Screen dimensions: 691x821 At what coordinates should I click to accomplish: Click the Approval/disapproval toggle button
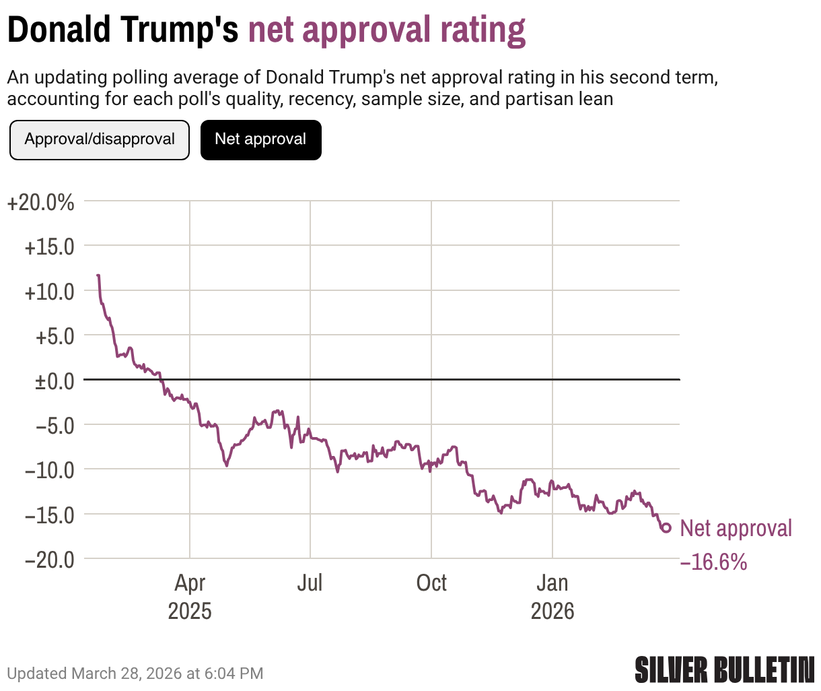[100, 140]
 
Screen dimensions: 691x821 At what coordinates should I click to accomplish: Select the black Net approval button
[260, 140]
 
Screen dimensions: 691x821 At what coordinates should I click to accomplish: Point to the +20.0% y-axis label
[40, 202]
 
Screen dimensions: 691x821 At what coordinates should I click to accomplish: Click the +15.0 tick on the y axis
[49, 247]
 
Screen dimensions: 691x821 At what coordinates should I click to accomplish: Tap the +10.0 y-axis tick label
[49, 292]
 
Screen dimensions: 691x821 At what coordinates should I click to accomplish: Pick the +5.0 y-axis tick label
[55, 336]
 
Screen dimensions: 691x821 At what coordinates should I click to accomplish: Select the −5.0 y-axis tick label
[55, 426]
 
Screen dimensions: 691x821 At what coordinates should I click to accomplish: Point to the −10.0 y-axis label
[49, 470]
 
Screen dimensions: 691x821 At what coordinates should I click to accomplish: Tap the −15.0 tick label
[49, 515]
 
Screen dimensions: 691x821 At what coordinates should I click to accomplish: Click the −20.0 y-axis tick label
[49, 559]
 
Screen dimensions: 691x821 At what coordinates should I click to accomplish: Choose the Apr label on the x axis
[190, 583]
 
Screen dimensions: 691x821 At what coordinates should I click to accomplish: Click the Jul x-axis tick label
[310, 583]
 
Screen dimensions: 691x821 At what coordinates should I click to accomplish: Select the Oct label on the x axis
[431, 583]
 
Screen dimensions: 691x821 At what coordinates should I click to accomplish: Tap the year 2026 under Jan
[552, 612]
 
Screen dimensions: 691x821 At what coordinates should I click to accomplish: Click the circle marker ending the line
[666, 528]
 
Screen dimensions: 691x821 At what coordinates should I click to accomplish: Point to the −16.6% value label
[714, 562]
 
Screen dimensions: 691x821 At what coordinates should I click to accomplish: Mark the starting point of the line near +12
[98, 275]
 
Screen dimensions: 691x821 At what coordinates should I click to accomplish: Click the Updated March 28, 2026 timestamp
[135, 673]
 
